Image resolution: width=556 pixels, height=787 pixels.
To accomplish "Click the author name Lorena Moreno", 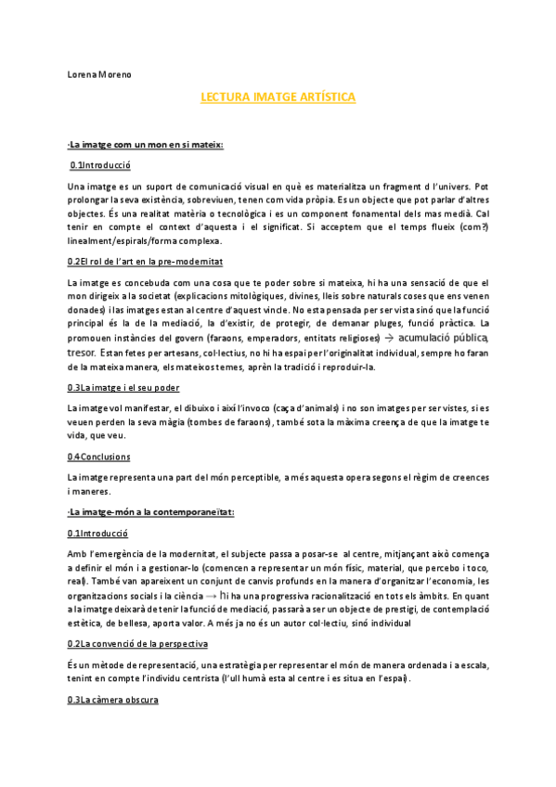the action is point(99,73).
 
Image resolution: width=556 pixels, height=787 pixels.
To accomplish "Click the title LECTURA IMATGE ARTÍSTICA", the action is point(278,97).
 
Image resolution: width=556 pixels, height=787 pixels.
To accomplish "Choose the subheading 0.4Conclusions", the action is point(99,457).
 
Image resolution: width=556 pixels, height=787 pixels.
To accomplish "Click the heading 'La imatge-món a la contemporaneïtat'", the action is point(150,511).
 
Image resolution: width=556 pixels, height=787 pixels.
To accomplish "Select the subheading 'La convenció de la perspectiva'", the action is point(137,643).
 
